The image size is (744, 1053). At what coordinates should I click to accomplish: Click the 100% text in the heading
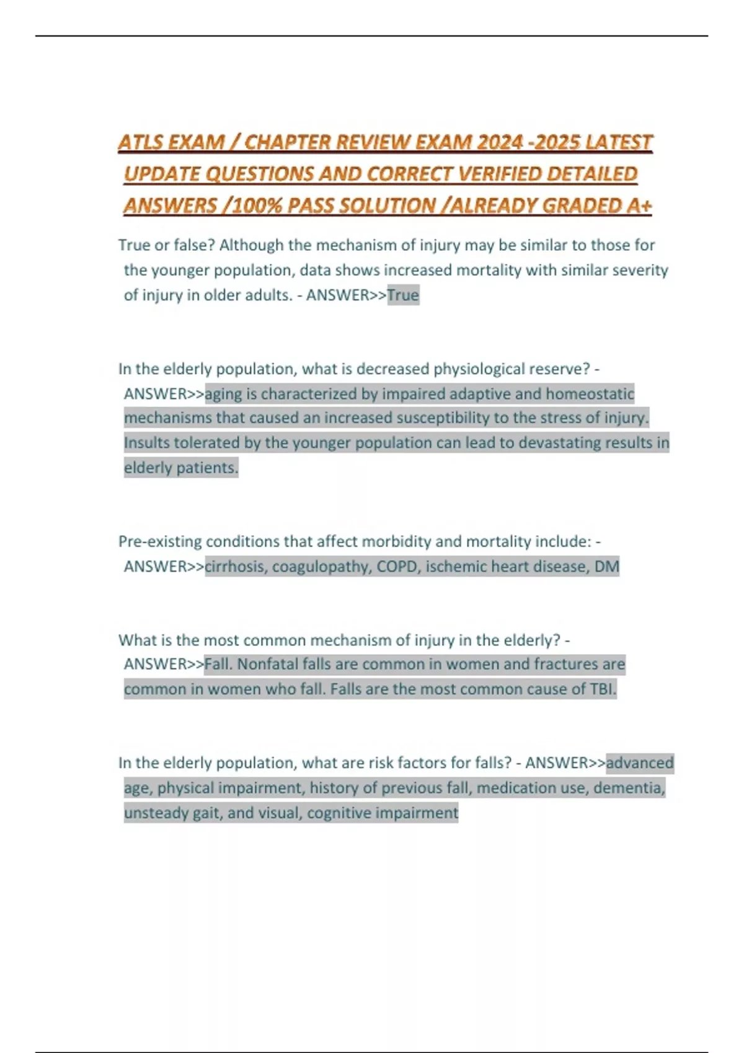pos(255,206)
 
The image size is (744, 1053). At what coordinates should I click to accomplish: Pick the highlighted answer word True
pos(403,295)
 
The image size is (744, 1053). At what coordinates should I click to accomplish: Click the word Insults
pos(146,443)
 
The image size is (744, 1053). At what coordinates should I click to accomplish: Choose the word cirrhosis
pos(235,566)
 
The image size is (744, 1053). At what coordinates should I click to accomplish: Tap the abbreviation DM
pos(606,566)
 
